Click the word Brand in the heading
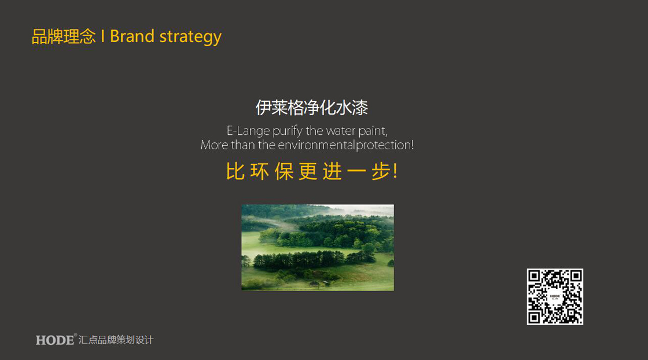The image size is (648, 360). click(132, 36)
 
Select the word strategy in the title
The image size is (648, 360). click(190, 37)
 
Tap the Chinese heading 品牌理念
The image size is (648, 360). click(64, 36)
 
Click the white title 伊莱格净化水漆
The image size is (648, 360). click(312, 108)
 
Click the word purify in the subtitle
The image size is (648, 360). click(288, 131)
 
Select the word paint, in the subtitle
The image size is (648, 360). click(373, 131)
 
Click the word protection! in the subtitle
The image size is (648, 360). click(385, 145)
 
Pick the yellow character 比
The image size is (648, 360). click(235, 171)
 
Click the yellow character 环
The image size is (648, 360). click(260, 171)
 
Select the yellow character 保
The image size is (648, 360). click(284, 171)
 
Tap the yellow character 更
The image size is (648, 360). click(308, 171)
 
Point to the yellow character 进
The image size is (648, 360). click(333, 171)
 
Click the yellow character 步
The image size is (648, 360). click(381, 171)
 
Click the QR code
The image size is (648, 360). click(555, 297)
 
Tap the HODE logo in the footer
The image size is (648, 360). click(55, 340)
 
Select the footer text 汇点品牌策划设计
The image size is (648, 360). click(116, 340)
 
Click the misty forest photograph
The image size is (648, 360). click(318, 248)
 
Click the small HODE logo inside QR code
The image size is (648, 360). click(555, 297)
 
